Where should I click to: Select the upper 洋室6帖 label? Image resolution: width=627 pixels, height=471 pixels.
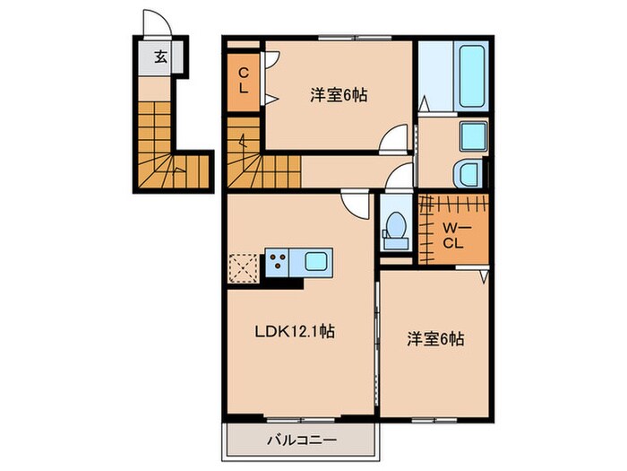tap(340, 93)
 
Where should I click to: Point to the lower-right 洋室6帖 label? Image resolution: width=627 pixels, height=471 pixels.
tap(435, 340)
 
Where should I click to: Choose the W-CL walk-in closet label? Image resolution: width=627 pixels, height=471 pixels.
tap(453, 233)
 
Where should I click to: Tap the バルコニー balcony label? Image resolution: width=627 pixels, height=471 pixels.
tap(301, 440)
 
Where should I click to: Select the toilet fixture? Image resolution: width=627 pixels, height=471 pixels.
tap(393, 230)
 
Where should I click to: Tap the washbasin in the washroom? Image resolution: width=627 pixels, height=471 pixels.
tap(472, 137)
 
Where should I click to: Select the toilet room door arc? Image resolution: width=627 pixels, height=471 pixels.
tap(399, 175)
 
